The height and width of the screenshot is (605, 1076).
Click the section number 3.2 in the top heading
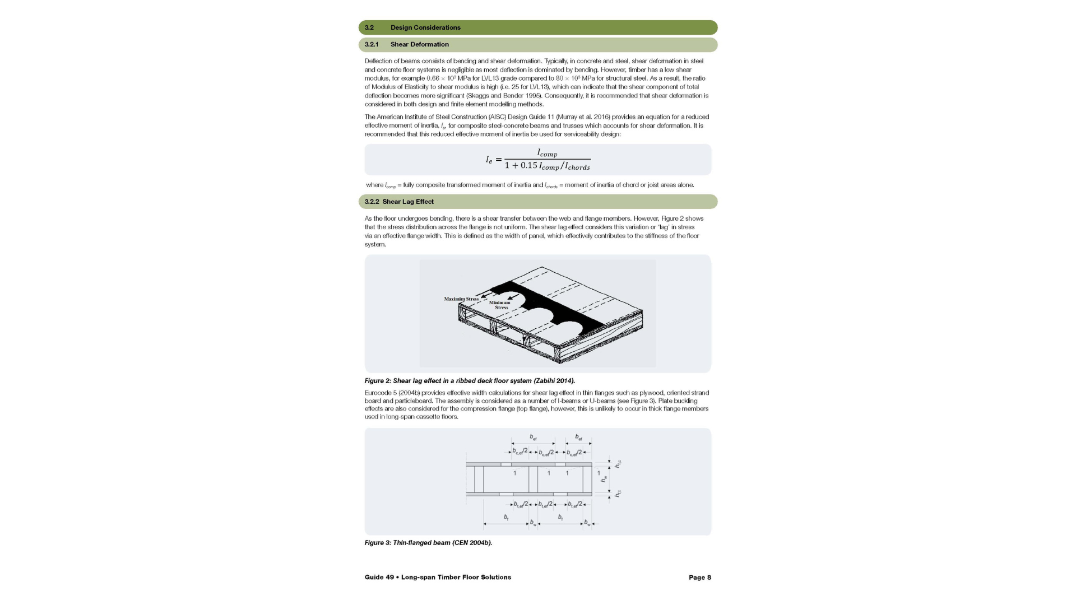point(369,27)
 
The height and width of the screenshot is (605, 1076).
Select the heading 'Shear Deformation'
point(419,44)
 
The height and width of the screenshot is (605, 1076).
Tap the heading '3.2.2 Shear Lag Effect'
point(399,202)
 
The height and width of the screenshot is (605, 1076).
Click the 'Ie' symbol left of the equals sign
point(489,160)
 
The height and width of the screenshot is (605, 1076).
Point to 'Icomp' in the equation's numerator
point(547,153)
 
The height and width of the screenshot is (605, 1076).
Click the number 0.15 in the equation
point(528,165)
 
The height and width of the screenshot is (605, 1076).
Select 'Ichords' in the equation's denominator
point(577,166)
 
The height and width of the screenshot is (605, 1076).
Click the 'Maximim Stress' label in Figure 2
point(461,299)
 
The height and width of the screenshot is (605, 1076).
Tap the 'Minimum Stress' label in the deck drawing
point(500,305)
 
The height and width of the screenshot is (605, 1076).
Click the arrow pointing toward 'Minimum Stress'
point(513,297)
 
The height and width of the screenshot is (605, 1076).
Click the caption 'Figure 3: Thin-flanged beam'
point(428,543)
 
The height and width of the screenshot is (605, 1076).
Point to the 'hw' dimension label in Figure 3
point(604,479)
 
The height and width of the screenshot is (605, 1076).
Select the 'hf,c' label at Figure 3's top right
point(618,464)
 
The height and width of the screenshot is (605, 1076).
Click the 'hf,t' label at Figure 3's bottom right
point(618,494)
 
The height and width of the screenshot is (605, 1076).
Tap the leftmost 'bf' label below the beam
point(506,518)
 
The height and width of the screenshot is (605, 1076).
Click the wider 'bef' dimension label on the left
point(533,437)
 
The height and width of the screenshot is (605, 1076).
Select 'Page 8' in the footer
point(699,578)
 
